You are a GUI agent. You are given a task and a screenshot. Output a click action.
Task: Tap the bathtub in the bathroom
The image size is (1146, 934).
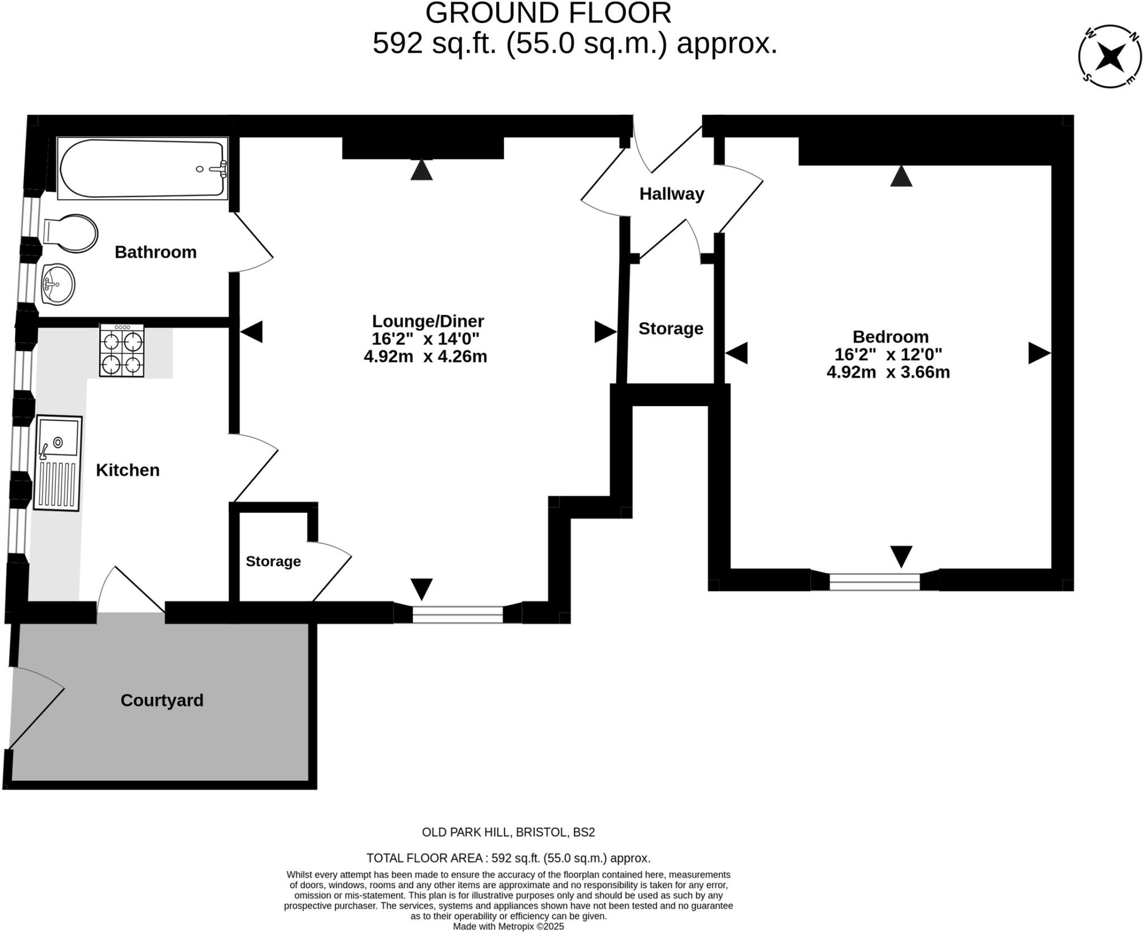(x=143, y=168)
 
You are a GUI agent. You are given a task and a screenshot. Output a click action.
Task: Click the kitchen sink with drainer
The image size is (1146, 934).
(x=58, y=463)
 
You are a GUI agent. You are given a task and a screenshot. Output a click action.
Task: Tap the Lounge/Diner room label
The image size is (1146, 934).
(x=428, y=321)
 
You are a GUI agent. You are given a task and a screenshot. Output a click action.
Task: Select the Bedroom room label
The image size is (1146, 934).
(x=890, y=337)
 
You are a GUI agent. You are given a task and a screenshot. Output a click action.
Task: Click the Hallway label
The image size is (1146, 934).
(x=671, y=194)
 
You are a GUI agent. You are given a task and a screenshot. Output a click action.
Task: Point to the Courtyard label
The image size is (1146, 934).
(x=162, y=700)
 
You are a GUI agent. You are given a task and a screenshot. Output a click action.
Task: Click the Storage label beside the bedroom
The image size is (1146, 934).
(x=670, y=329)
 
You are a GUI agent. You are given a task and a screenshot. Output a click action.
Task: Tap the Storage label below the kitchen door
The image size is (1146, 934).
(x=273, y=561)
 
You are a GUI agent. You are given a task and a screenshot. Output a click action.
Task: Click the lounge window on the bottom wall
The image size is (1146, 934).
(x=458, y=614)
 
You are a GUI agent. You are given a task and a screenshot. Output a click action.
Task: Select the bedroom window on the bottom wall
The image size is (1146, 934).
(x=874, y=582)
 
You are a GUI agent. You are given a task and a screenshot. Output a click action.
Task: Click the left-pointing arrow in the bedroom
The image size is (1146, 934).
(x=736, y=353)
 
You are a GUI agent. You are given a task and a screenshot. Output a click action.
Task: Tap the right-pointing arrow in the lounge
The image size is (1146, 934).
(x=605, y=332)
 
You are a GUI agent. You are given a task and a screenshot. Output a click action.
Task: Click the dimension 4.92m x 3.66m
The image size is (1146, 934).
(x=888, y=372)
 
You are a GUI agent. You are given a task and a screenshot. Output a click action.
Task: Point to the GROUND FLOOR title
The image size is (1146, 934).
(x=548, y=13)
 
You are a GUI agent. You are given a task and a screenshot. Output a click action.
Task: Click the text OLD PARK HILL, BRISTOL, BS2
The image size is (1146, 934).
(x=508, y=832)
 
